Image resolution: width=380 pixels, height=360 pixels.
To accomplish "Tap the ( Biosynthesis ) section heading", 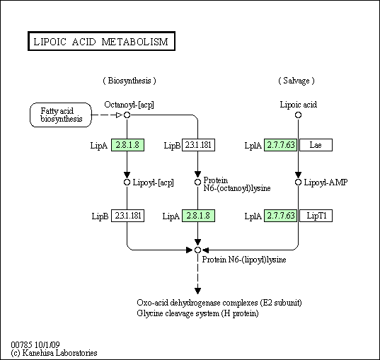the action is [129, 81].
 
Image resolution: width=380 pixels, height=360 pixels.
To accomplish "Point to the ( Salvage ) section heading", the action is [296, 81].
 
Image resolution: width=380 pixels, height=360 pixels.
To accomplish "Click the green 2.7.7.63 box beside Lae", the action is [280, 145].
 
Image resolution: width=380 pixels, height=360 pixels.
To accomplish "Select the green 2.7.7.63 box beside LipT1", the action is [280, 216].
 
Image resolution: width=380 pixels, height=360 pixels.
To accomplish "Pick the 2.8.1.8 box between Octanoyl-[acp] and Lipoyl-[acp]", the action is [127, 145].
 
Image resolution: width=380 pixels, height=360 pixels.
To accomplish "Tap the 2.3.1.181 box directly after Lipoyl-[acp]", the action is [127, 216].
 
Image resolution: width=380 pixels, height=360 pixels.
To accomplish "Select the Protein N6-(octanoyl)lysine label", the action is [237, 184].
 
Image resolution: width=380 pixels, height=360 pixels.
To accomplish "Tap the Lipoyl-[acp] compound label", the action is [153, 182].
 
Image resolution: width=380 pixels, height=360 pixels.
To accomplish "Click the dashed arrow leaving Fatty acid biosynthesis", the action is [108, 115].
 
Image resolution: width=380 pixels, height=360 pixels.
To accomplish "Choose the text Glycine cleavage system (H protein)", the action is [197, 313].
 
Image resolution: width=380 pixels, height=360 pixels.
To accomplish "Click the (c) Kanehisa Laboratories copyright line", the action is [54, 353].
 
